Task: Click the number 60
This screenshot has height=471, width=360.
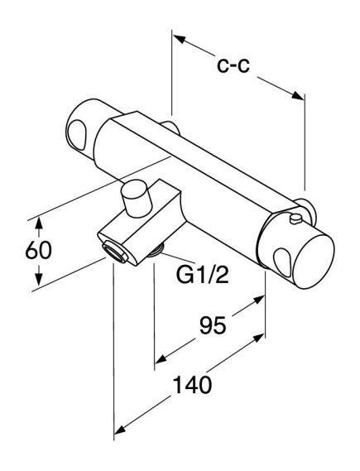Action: pyautogui.click(x=38, y=250)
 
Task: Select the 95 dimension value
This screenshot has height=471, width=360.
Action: pyautogui.click(x=213, y=325)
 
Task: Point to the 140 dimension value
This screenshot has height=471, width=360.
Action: pyautogui.click(x=193, y=385)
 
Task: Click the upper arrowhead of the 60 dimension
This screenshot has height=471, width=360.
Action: pyautogui.click(x=38, y=223)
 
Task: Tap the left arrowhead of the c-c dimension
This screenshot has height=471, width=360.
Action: pyautogui.click(x=179, y=39)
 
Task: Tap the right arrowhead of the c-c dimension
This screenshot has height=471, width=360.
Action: pyautogui.click(x=298, y=95)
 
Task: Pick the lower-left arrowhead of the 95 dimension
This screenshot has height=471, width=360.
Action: pyautogui.click(x=161, y=359)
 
